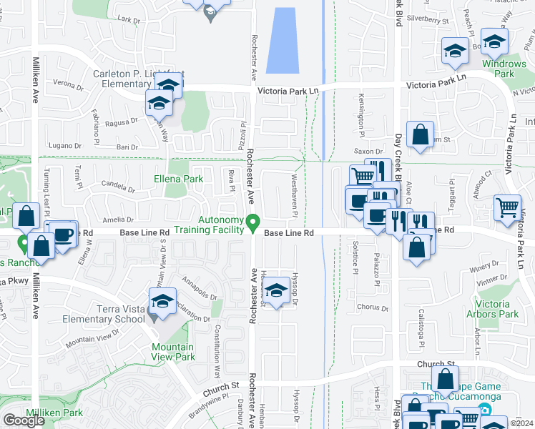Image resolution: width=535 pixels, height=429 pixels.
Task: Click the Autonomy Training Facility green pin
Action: point(252,225)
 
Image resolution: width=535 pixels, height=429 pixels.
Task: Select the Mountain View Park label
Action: point(172,352)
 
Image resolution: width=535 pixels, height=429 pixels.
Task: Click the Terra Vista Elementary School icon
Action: point(163,302)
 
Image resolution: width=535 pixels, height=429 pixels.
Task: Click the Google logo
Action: point(24,420)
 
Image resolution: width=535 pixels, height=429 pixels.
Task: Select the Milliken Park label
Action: point(54,413)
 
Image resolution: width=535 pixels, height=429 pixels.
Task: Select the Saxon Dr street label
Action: point(369,152)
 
